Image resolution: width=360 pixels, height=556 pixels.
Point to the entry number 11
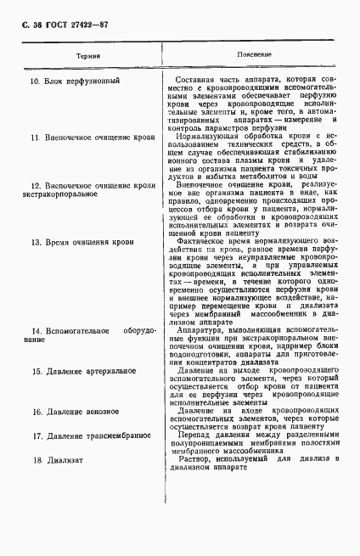point(34,135)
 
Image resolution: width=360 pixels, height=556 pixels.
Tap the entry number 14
point(35,329)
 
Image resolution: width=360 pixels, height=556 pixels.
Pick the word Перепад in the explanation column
point(194,435)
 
